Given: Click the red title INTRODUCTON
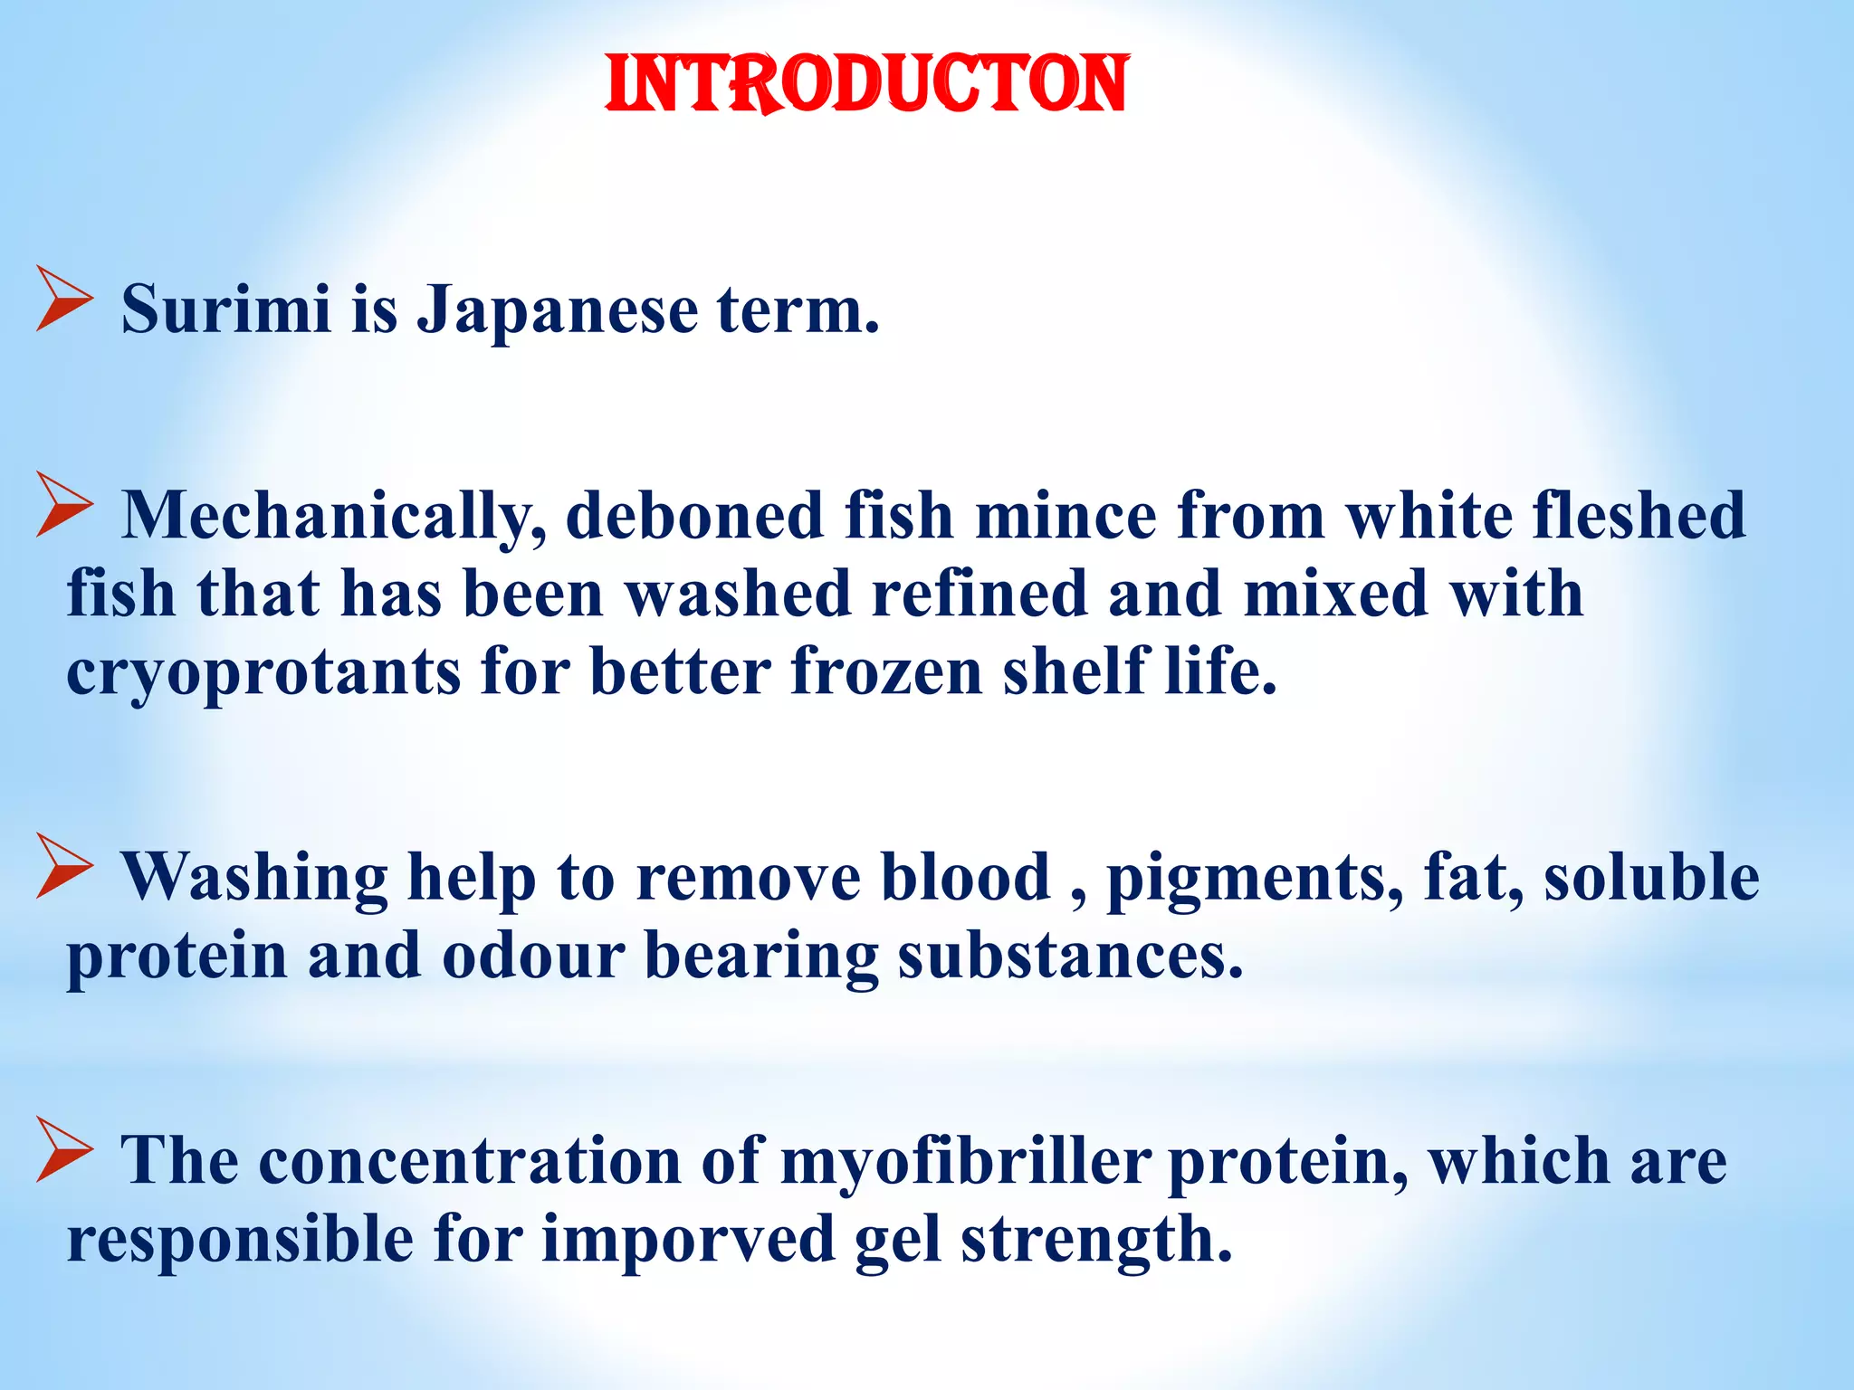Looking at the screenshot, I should (866, 84).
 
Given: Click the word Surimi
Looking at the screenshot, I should (225, 309).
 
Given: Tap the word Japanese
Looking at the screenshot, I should (557, 309).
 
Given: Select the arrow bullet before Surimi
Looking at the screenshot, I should (64, 298).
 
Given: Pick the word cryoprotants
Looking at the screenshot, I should (263, 673).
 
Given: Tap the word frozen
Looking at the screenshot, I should (886, 671).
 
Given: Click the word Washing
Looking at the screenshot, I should (255, 878).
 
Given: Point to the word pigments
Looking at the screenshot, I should (1255, 878).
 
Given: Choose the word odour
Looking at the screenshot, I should (533, 957).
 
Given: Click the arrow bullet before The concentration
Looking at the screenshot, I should (64, 1149).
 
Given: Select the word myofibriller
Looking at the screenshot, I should (965, 1161).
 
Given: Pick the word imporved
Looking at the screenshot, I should (688, 1240).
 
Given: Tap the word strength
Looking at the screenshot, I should (1095, 1240).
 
